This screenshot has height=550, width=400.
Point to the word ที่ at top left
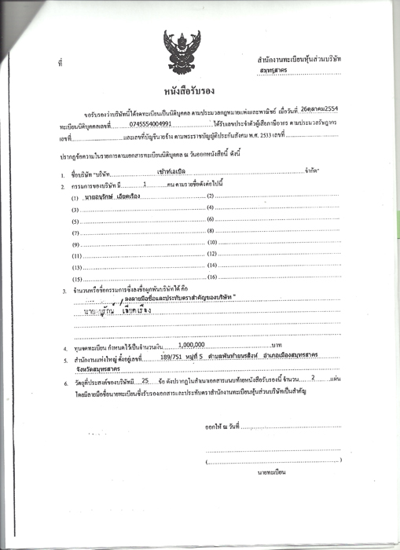point(60,60)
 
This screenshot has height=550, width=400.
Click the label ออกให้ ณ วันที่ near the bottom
point(222,427)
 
